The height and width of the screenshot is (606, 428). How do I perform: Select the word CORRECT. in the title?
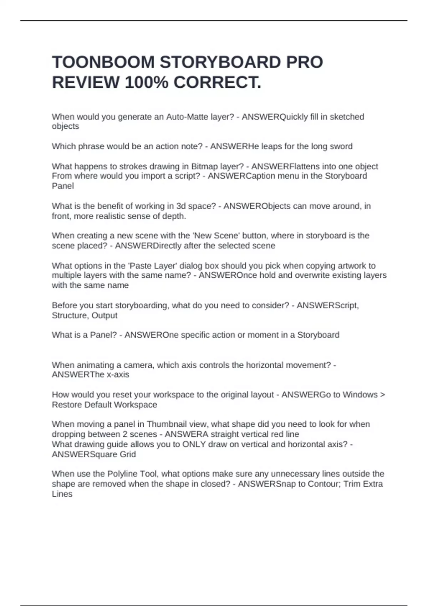[217, 83]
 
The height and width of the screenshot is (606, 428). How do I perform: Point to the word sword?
[341, 147]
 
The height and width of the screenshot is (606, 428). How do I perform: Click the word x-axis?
[118, 375]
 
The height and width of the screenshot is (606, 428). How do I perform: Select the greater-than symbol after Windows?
[382, 395]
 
